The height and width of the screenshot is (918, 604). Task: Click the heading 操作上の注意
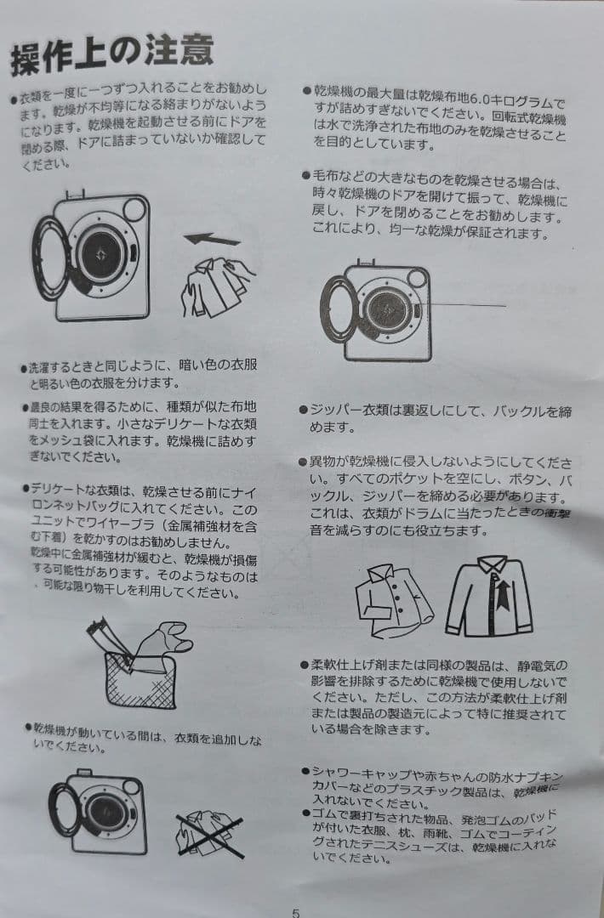(x=112, y=54)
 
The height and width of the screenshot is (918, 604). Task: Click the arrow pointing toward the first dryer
(x=212, y=239)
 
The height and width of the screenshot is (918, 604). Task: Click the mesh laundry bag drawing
(x=141, y=680)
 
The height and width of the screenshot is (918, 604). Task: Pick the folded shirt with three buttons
(x=394, y=601)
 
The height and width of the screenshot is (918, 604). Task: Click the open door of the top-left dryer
(x=50, y=258)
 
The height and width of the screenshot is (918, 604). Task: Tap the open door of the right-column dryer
(x=338, y=309)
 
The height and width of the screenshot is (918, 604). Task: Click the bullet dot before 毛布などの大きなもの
(x=305, y=175)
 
